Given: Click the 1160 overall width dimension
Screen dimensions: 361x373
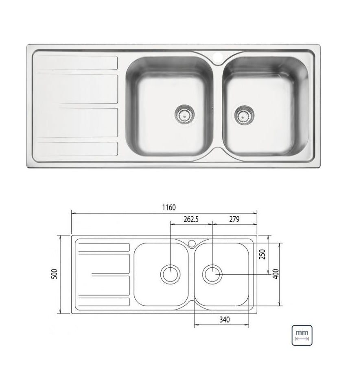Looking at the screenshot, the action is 169,208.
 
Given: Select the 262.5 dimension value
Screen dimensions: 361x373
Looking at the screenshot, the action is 191,219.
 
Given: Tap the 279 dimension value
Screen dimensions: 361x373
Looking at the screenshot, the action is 234,219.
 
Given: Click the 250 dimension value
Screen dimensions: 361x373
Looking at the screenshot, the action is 262,254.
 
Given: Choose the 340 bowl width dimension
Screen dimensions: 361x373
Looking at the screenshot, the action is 225,319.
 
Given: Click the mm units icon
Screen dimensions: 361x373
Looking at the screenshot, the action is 302,335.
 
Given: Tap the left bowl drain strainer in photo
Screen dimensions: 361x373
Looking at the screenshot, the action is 184,114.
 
